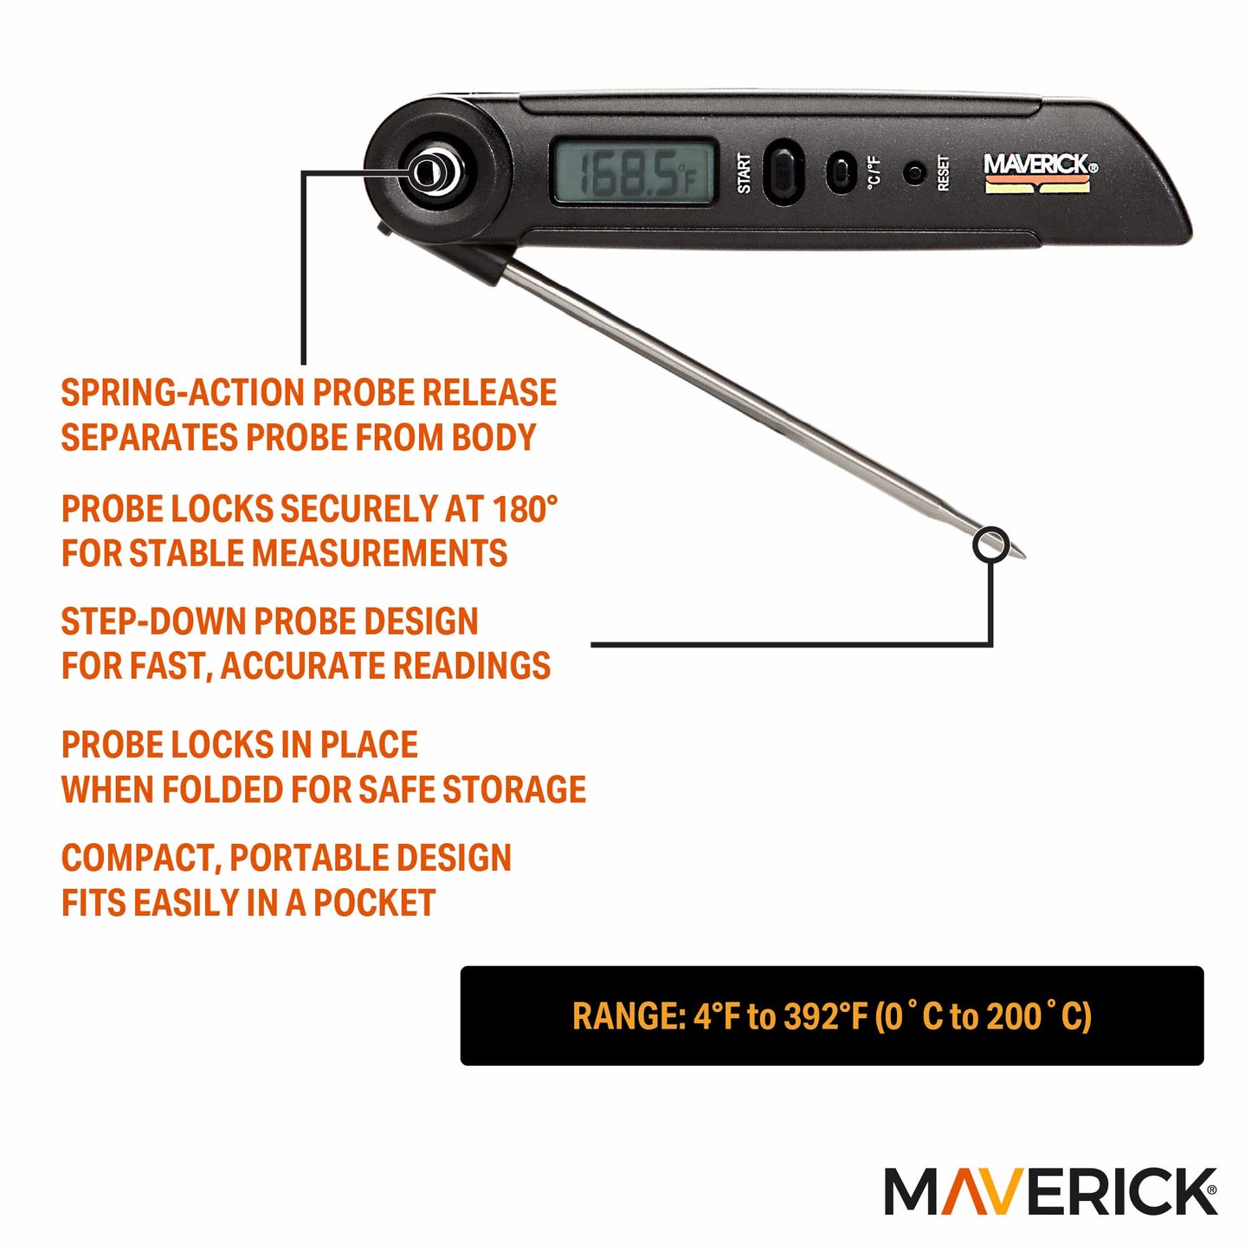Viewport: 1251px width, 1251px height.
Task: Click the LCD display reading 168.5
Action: click(x=635, y=172)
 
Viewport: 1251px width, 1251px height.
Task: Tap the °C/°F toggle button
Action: click(x=840, y=171)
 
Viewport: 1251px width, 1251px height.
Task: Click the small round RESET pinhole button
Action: click(x=913, y=172)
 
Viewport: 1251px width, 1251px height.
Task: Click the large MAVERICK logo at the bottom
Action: click(x=1050, y=1192)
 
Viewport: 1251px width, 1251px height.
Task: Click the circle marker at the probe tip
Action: click(x=991, y=545)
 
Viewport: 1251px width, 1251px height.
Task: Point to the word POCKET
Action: click(x=374, y=903)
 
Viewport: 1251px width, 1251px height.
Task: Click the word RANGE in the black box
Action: click(x=628, y=1016)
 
